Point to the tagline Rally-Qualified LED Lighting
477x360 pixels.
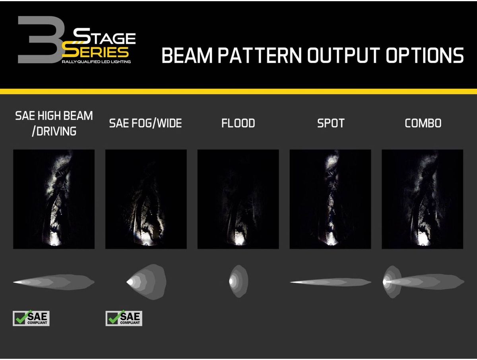pyautogui.click(x=96, y=62)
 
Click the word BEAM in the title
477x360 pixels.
pyautogui.click(x=187, y=55)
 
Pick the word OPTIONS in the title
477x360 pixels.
pyautogui.click(x=425, y=55)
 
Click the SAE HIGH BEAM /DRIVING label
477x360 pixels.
pyautogui.click(x=54, y=123)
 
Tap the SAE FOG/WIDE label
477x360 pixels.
pyautogui.click(x=145, y=123)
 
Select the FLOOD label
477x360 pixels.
pyautogui.click(x=238, y=123)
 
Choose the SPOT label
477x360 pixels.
pyautogui.click(x=331, y=123)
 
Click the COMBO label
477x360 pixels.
pyautogui.click(x=423, y=123)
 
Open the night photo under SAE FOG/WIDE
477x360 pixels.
pyautogui.click(x=146, y=199)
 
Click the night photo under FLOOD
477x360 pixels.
pyautogui.click(x=238, y=199)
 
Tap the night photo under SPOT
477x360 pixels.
pyautogui.click(x=330, y=199)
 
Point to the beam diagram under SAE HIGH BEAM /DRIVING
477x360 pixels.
pyautogui.click(x=54, y=282)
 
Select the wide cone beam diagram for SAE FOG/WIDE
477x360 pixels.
pyautogui.click(x=146, y=282)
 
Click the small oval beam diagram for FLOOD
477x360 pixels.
pyautogui.click(x=238, y=281)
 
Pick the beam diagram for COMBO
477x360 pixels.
pyautogui.click(x=423, y=282)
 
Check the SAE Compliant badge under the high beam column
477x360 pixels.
pyautogui.click(x=31, y=318)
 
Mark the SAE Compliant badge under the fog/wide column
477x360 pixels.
pyautogui.click(x=124, y=318)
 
